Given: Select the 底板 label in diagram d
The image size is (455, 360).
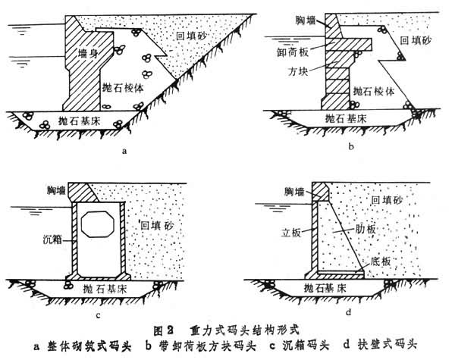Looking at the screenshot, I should pos(381,260).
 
